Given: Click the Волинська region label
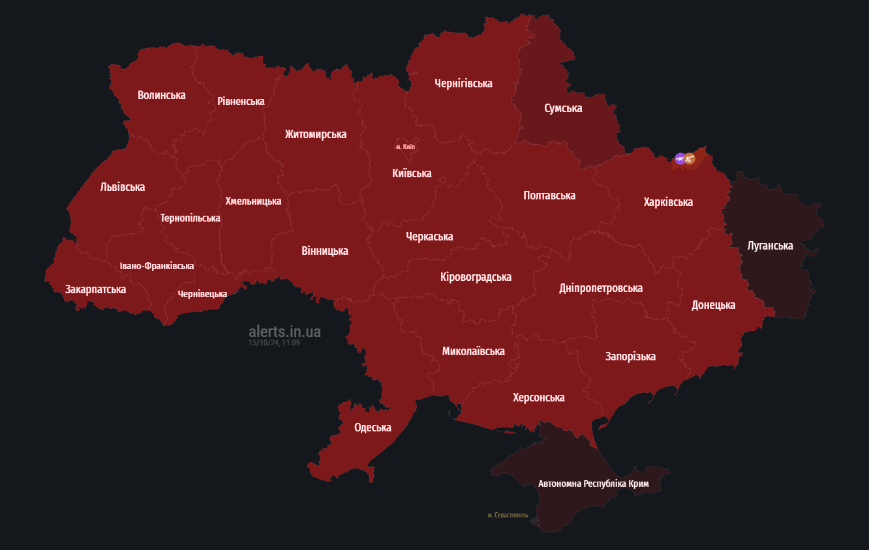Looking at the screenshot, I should point(161,95).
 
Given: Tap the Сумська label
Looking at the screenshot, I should point(563,108).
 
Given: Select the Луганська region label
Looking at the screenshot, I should point(770,246).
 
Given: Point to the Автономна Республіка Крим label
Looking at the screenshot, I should point(593,484).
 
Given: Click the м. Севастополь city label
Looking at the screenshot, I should point(508,515).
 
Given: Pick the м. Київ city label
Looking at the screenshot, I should point(405,147).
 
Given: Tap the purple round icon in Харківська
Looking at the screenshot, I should point(680,158).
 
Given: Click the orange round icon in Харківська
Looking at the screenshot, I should point(690,158).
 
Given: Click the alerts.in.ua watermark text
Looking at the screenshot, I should point(284,332).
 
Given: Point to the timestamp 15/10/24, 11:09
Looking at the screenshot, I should point(274,343).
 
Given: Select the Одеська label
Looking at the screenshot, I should point(373,428).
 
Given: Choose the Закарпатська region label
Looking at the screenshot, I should point(95,289).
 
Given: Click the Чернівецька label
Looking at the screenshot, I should point(202,295).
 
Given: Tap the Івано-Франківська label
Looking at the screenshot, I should point(157,267).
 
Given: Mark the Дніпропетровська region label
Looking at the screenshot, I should point(600,288).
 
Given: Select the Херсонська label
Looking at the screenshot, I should point(538,398).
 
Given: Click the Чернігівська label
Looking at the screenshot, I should point(463,83).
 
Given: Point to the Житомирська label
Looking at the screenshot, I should point(315,134).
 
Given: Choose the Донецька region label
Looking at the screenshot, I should point(713,305).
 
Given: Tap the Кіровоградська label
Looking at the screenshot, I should point(476,277).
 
